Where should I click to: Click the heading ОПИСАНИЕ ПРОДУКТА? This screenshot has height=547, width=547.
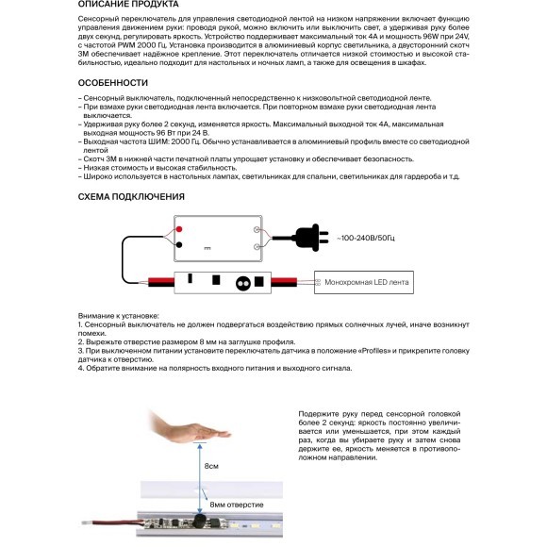pos(128,4)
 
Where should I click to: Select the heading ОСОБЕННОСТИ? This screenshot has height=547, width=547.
pos(113,83)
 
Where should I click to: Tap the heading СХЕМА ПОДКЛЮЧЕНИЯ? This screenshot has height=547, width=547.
pos(131,197)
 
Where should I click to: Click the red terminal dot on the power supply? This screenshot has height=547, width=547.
pos(179,229)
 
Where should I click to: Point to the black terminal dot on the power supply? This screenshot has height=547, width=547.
pos(179,245)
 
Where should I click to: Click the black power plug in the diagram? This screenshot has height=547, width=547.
pos(311,238)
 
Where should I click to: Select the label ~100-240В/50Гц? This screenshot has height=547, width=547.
pos(366,238)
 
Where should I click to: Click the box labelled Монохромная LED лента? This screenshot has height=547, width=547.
pos(364,282)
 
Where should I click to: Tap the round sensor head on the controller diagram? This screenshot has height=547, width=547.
pos(242,284)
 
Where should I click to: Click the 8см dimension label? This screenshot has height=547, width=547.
pos(211,466)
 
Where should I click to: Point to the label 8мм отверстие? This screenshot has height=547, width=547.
pos(237,505)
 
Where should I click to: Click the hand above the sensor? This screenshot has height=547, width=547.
pos(190,426)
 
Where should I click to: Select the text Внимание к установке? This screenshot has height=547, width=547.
pos(118,316)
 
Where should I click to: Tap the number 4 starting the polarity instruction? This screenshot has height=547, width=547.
pos(80,368)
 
